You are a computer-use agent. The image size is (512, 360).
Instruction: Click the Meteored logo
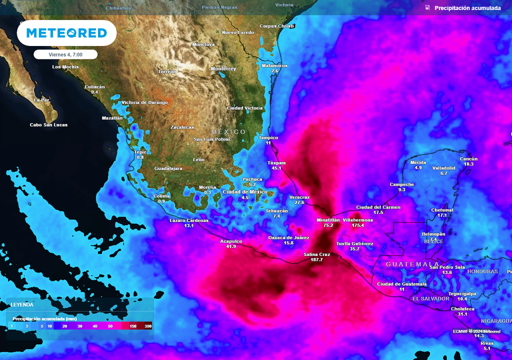point(66,33)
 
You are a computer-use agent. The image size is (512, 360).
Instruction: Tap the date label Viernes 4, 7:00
point(65,54)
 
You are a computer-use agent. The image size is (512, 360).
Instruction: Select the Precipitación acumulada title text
point(467,8)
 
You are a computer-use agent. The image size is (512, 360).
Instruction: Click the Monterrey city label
point(223,68)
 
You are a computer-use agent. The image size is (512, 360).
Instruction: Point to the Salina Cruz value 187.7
point(316,260)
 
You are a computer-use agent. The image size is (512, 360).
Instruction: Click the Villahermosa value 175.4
point(357,225)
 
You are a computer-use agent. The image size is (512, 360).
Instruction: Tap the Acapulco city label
point(231,241)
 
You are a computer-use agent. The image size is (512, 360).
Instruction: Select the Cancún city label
point(468,159)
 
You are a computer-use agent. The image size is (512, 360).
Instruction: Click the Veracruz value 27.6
point(299,202)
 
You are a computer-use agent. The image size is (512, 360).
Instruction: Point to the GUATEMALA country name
point(412,264)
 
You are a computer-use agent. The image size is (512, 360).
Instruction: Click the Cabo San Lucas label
point(48,125)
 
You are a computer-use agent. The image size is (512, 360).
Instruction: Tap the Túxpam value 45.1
point(276,168)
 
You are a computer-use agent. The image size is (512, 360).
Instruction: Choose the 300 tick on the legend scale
point(148,326)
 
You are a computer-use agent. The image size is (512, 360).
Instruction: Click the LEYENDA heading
point(22,304)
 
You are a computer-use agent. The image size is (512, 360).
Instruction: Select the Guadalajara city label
point(168,168)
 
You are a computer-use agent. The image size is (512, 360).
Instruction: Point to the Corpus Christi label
point(276,26)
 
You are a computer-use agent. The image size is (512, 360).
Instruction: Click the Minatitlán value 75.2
point(328,225)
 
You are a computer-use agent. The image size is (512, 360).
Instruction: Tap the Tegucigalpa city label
point(462,293)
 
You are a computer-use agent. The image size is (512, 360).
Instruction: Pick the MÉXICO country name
point(228,132)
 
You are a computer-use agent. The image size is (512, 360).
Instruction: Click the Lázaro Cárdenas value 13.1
point(188,226)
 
